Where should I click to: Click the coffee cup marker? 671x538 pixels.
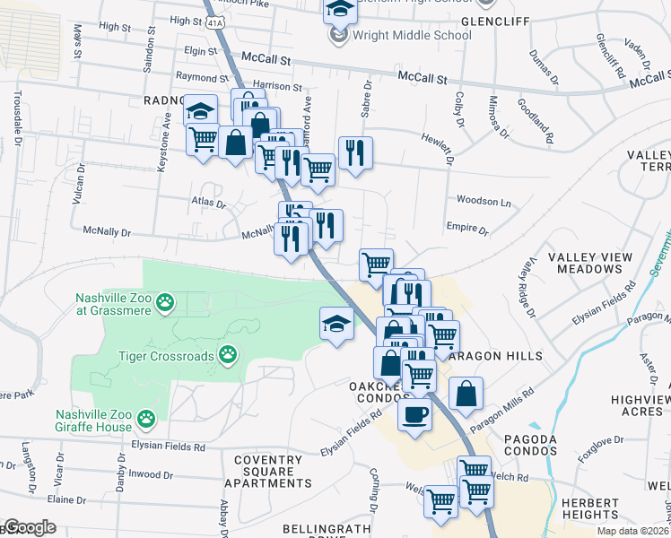(x=414, y=415)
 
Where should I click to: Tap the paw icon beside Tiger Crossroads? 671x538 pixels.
(x=229, y=356)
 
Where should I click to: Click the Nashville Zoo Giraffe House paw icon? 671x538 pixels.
(x=146, y=418)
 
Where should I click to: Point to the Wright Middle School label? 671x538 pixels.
(x=412, y=36)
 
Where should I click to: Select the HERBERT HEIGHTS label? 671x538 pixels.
(x=591, y=509)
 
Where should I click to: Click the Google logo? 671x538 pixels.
(x=29, y=527)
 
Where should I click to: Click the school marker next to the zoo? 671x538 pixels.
(x=336, y=325)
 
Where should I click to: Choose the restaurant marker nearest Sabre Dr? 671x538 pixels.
(x=355, y=154)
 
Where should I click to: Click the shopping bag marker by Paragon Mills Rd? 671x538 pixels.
(x=466, y=393)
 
